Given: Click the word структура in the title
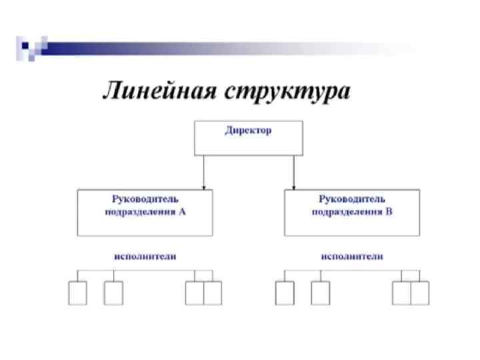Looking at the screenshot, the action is (287, 91).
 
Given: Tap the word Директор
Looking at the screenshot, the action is (248, 131).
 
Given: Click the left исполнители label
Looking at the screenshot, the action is (145, 257).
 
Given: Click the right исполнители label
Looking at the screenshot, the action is (352, 257).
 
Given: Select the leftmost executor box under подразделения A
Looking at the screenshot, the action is (77, 293).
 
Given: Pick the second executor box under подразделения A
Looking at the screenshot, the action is (113, 293).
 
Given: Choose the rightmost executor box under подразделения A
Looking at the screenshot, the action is (213, 293).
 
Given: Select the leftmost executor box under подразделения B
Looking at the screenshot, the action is (285, 293).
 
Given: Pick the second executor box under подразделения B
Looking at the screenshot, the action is (321, 293).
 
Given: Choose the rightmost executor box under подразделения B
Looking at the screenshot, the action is (420, 293).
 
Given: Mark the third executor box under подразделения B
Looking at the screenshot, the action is (402, 293).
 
